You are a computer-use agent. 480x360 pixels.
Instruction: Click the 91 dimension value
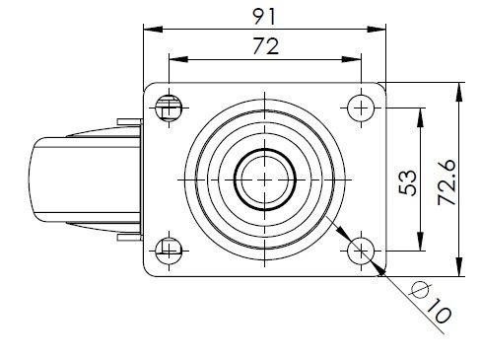264,17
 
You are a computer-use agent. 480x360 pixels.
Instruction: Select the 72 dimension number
265,46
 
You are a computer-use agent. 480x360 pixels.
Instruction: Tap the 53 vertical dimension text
407,182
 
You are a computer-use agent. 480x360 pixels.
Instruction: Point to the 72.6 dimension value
447,182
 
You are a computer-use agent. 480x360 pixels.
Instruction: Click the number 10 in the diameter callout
439,311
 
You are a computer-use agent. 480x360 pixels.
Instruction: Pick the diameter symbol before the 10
420,290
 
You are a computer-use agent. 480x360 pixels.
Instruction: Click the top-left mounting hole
169,108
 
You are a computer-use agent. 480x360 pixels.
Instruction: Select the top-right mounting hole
361,108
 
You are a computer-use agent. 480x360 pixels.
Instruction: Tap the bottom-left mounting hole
169,252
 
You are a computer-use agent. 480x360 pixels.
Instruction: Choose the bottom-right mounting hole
361,252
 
